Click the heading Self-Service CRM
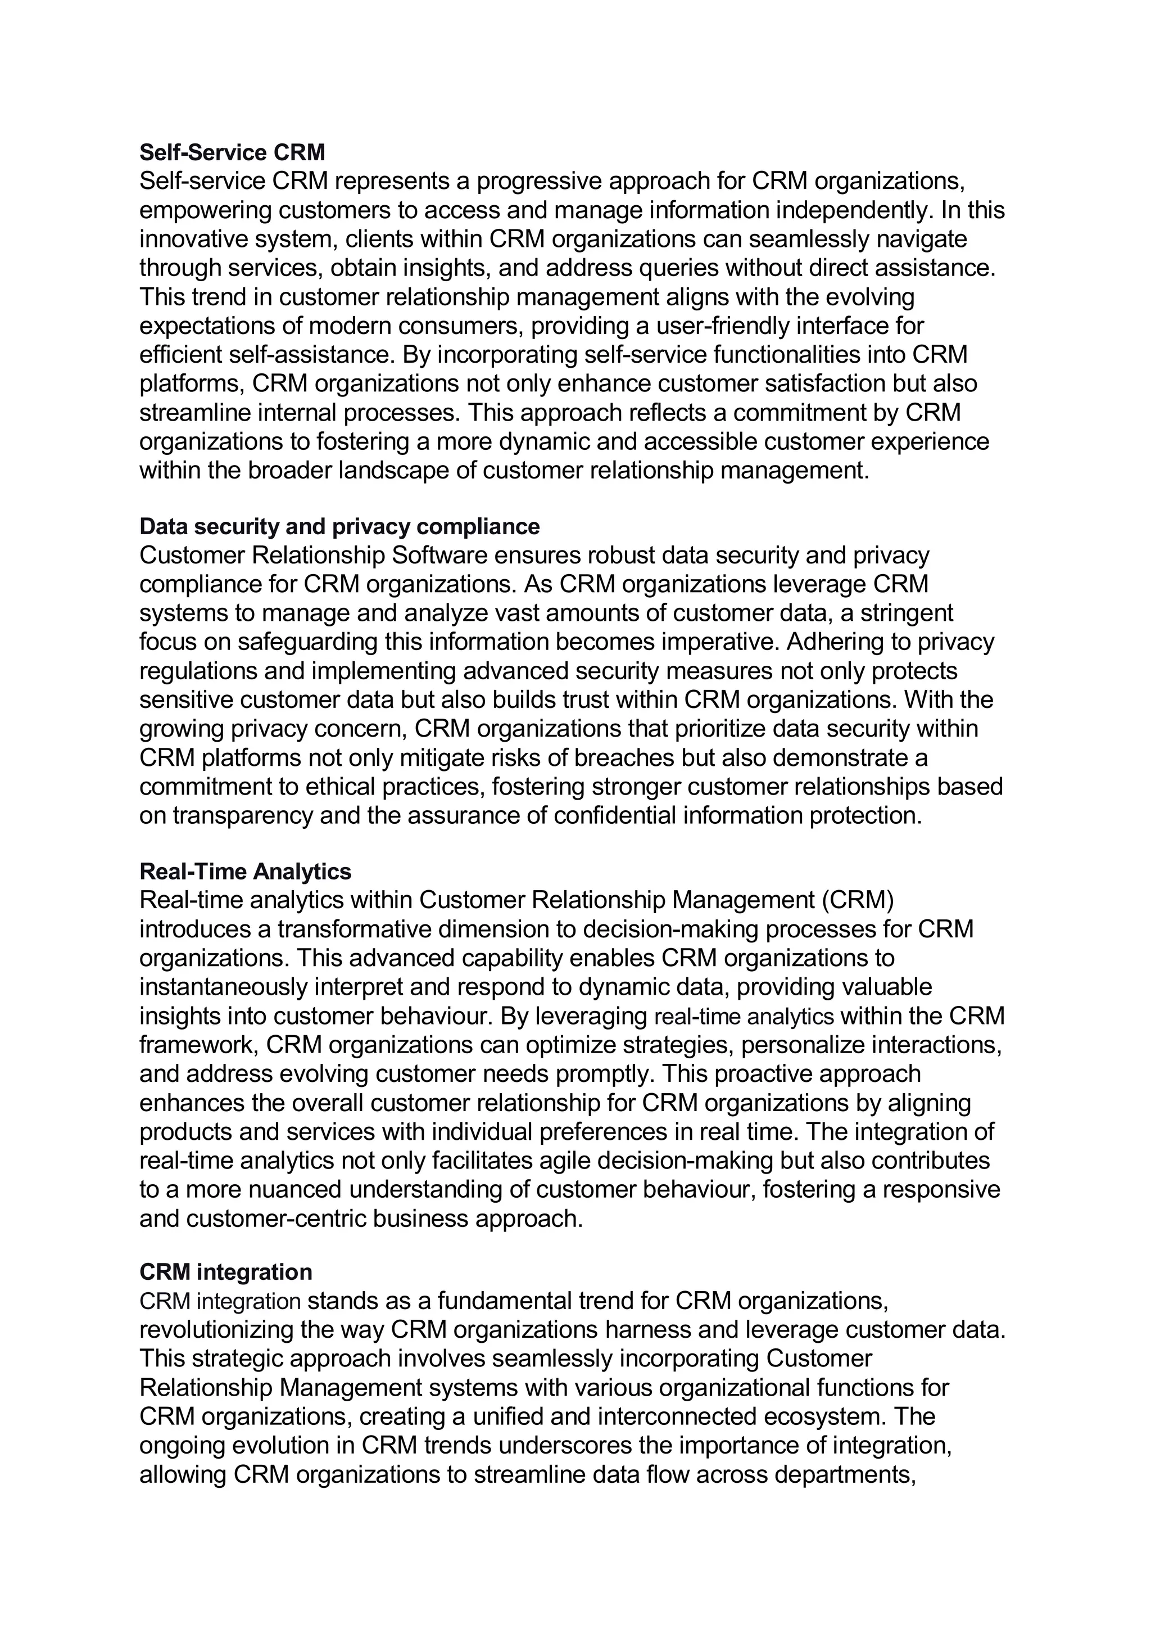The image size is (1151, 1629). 232,152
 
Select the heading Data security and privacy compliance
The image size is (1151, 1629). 339,526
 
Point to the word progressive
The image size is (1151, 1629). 539,181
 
